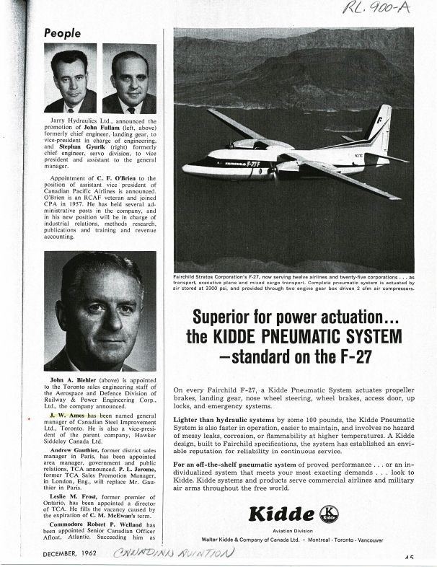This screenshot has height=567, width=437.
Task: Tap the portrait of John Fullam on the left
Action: coord(70,78)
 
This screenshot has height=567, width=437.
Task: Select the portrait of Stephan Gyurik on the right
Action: coord(129,78)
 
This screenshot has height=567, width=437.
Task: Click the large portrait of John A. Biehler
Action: coord(100,311)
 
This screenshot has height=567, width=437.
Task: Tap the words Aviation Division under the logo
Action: coord(302,531)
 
